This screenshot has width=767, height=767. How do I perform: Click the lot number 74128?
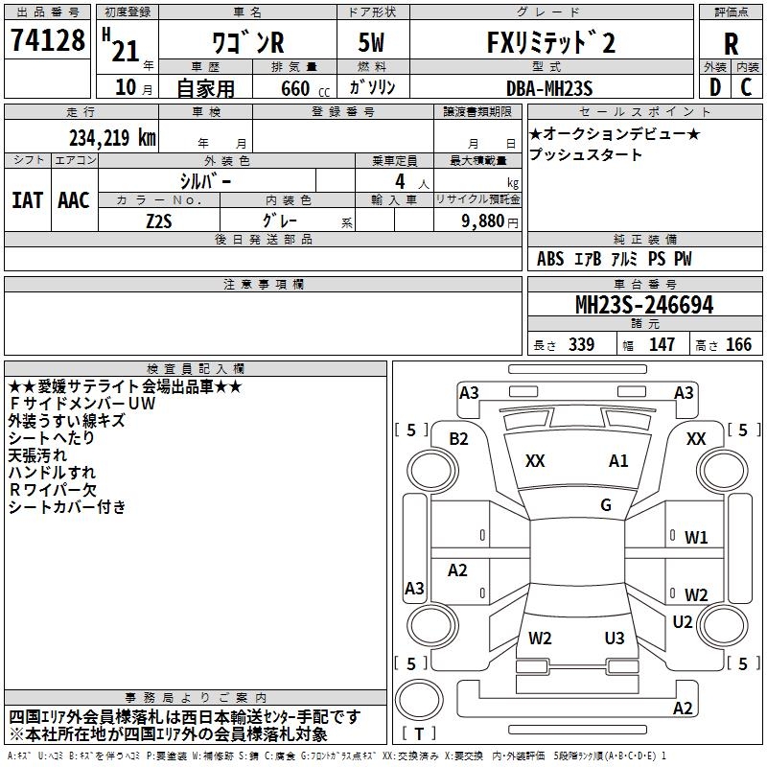[47, 39]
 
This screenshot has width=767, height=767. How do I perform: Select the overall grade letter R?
[731, 43]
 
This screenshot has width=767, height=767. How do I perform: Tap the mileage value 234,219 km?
[112, 138]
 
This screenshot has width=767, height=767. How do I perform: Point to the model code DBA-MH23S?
[549, 88]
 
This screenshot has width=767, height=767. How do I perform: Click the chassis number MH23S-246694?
[644, 305]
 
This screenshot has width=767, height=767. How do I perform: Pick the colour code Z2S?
[159, 221]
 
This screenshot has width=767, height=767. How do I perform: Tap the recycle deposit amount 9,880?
[483, 221]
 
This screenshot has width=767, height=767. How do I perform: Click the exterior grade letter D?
[715, 87]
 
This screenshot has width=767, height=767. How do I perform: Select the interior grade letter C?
[746, 87]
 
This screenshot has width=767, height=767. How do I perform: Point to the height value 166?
[738, 344]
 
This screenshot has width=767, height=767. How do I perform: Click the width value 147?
[662, 344]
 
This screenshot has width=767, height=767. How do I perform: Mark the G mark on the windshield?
[606, 504]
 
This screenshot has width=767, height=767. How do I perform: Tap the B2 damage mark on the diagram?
[458, 439]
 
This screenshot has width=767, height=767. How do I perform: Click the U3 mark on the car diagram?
[615, 638]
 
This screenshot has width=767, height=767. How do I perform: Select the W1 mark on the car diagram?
[696, 538]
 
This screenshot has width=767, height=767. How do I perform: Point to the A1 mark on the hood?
[618, 460]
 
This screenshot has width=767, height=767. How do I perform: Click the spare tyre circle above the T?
[419, 700]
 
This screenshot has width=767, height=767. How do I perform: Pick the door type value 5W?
[371, 42]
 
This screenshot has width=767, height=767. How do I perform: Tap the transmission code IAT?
[28, 200]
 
